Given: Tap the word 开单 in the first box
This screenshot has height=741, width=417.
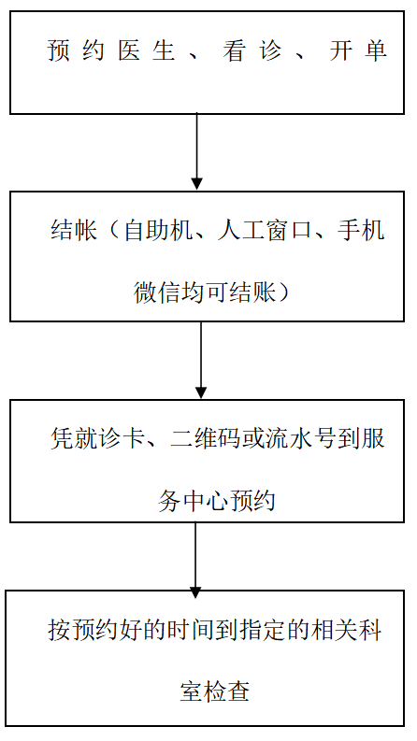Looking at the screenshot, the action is (358, 50).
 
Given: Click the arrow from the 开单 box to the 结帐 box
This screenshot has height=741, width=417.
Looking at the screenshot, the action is (197, 151).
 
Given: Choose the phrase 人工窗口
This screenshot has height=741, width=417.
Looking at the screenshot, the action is (265, 231).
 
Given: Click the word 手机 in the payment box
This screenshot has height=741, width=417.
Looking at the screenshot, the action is (360, 231).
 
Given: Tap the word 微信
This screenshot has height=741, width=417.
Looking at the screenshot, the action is (157, 292).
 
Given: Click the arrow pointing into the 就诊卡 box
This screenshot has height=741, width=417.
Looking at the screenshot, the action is (201, 360).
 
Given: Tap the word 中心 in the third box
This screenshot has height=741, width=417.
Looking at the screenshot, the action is (205, 501).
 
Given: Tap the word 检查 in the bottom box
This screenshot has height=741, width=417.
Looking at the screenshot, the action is (227, 691).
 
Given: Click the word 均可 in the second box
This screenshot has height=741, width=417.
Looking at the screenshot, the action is (205, 292).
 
